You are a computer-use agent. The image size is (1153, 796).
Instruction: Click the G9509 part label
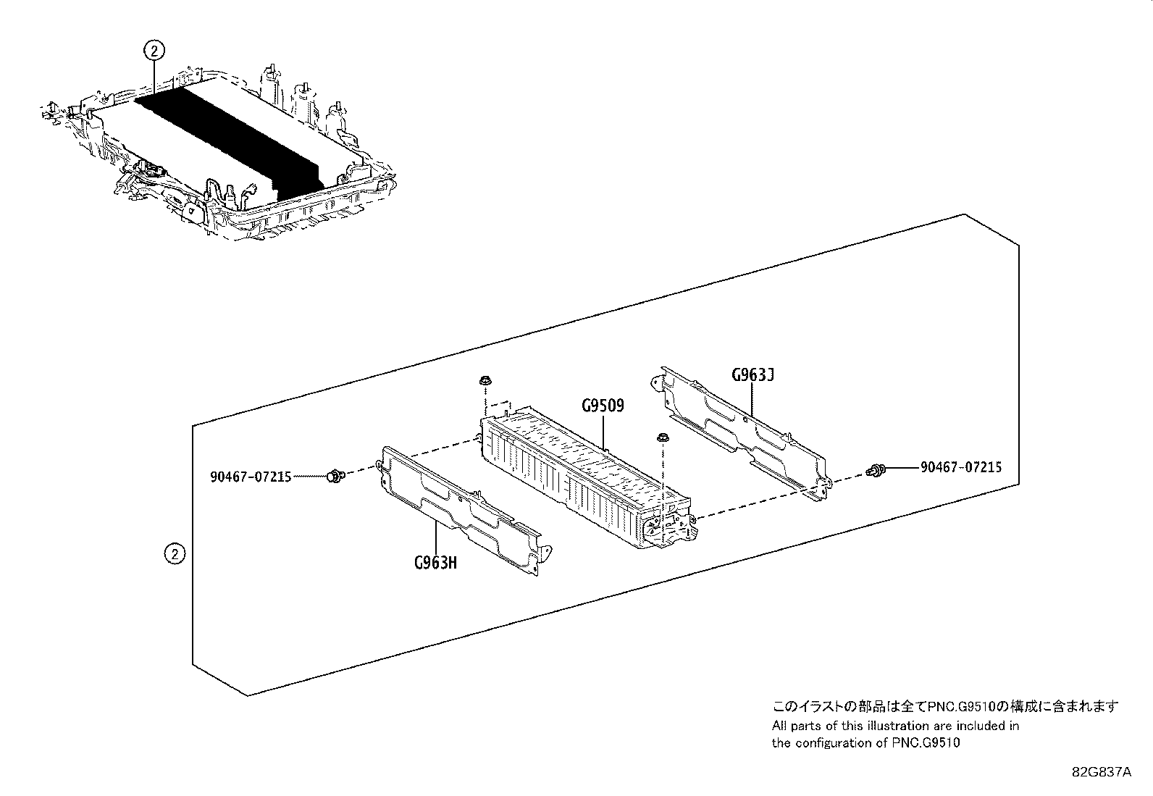pos(602,406)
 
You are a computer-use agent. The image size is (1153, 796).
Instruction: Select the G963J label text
pos(752,375)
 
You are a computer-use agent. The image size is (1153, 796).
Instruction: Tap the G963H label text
pos(436,562)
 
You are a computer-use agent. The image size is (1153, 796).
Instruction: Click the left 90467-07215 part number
pos(251,477)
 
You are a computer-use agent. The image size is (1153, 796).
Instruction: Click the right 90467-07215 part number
pos(961,467)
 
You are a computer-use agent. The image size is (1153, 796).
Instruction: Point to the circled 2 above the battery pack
pos(154,50)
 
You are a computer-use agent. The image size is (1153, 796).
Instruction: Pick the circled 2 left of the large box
pos(175,554)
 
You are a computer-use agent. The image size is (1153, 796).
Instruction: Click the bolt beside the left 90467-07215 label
pos(334,476)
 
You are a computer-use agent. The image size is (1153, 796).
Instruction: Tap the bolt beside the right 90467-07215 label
pos(874,472)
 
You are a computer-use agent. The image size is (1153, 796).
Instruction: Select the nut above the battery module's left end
pos(483,382)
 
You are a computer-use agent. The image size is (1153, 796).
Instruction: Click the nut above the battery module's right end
pos(662,437)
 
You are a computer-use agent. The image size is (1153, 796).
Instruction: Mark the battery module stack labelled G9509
pos(587,478)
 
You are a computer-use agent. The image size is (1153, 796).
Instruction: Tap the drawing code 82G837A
pos(1101,772)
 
